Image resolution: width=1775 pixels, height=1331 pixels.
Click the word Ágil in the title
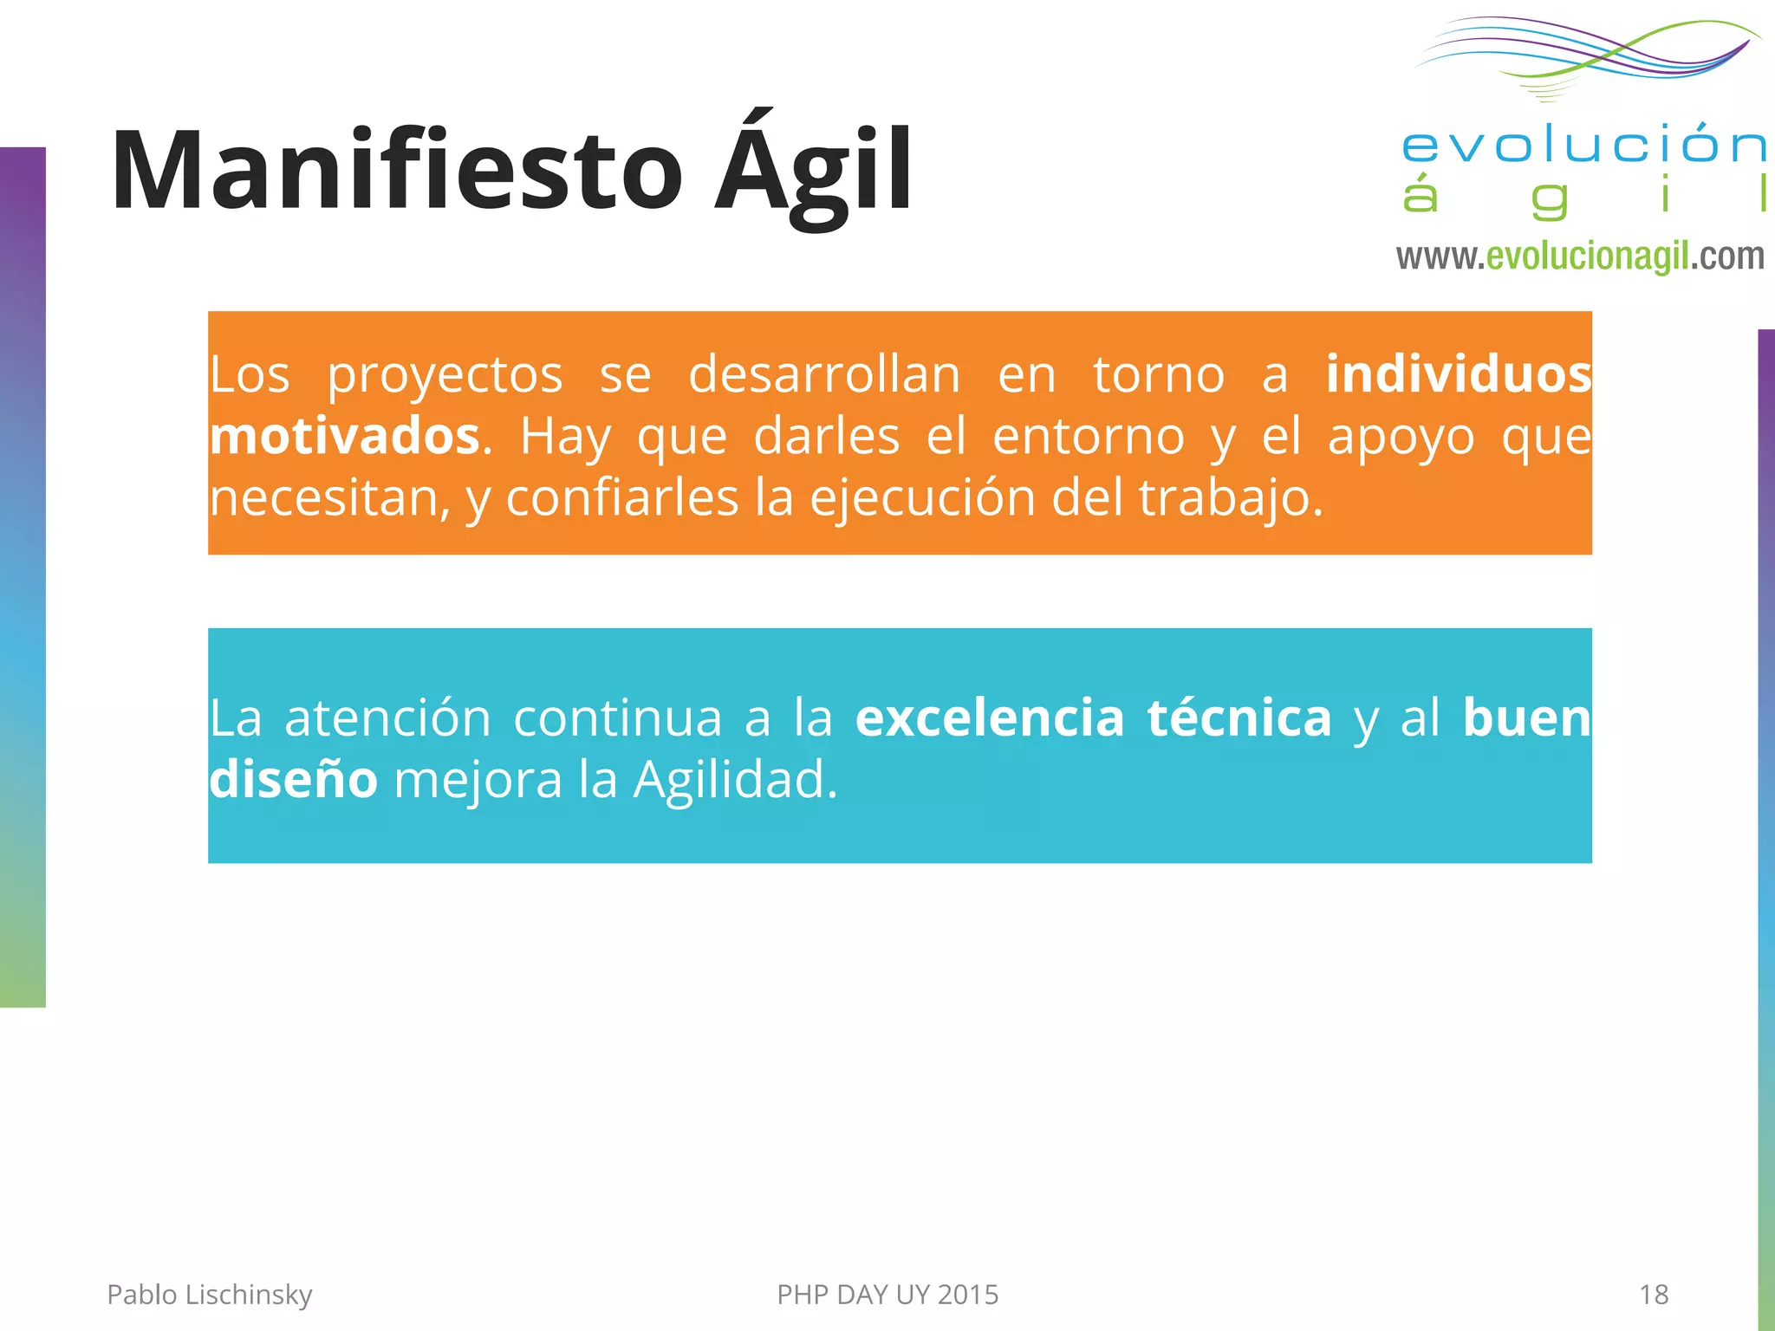(x=813, y=171)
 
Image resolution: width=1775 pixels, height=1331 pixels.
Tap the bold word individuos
(x=1459, y=374)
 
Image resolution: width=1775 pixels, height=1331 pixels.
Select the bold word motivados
(x=345, y=436)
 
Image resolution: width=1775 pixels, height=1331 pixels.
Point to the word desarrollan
(x=824, y=374)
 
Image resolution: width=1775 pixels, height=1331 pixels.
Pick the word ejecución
(x=922, y=498)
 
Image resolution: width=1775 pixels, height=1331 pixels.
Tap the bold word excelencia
(x=990, y=717)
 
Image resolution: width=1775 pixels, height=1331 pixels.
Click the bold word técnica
(x=1239, y=717)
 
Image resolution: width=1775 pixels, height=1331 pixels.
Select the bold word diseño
(x=293, y=780)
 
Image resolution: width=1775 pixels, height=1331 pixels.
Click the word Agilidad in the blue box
(x=735, y=780)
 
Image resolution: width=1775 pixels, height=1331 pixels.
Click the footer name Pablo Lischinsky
(x=209, y=1295)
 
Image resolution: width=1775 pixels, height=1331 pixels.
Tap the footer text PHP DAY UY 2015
(x=887, y=1295)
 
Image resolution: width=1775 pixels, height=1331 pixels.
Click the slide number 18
(x=1654, y=1295)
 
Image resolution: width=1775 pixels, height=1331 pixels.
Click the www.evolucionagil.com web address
(x=1579, y=256)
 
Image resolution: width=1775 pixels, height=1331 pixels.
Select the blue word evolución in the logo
(x=1583, y=145)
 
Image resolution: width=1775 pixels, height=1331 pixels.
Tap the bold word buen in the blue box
(x=1526, y=717)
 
